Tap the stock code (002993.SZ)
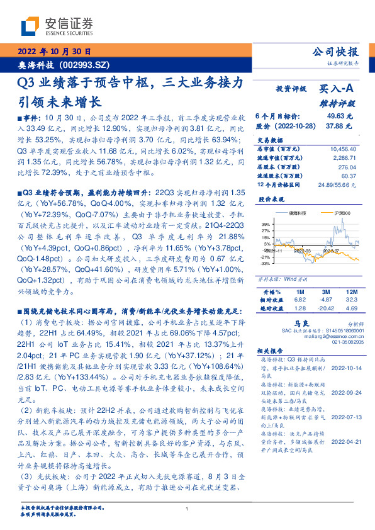(86, 65)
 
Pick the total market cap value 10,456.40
(342, 148)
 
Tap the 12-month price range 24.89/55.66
(338, 184)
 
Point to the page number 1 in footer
(187, 509)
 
